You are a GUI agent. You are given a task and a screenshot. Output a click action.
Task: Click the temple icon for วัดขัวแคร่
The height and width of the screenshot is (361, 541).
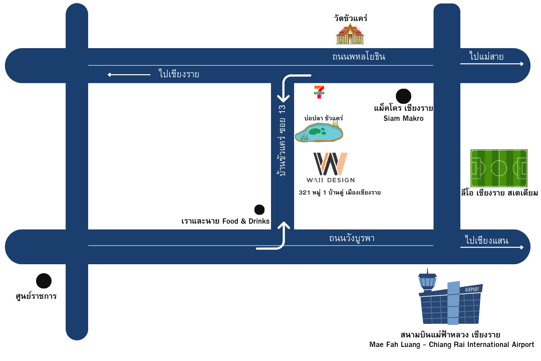(x=350, y=34)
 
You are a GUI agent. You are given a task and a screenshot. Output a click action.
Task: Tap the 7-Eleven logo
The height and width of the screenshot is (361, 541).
(x=319, y=92)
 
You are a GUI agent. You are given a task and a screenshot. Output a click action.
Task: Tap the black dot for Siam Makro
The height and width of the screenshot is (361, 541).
(x=403, y=96)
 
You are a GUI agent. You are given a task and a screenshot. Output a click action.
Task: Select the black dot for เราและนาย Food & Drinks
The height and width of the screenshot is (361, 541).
(x=259, y=210)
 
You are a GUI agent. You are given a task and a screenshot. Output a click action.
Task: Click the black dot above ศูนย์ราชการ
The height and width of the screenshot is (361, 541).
(x=44, y=281)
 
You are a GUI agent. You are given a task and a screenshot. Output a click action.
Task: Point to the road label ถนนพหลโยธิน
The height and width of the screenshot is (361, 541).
(x=359, y=57)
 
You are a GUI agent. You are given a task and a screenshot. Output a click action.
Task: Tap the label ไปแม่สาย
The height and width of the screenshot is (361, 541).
(x=486, y=56)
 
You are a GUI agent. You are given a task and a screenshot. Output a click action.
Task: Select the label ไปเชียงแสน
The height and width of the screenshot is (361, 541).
(x=486, y=241)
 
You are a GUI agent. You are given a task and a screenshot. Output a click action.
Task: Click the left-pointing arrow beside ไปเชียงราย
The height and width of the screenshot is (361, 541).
(x=129, y=75)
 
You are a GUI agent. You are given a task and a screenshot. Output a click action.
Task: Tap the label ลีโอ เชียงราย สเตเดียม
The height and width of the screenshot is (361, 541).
(x=499, y=193)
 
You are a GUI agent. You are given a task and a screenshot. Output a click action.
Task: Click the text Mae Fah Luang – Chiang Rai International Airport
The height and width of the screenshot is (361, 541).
(x=451, y=345)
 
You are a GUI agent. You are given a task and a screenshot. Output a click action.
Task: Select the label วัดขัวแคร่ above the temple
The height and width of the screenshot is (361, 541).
(x=351, y=18)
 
